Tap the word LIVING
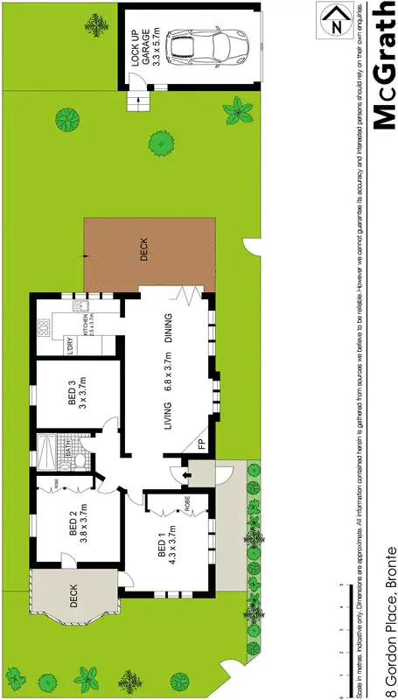pyautogui.click(x=166, y=411)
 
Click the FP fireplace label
pyautogui.click(x=201, y=444)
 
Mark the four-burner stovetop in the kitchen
pyautogui.click(x=45, y=328)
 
